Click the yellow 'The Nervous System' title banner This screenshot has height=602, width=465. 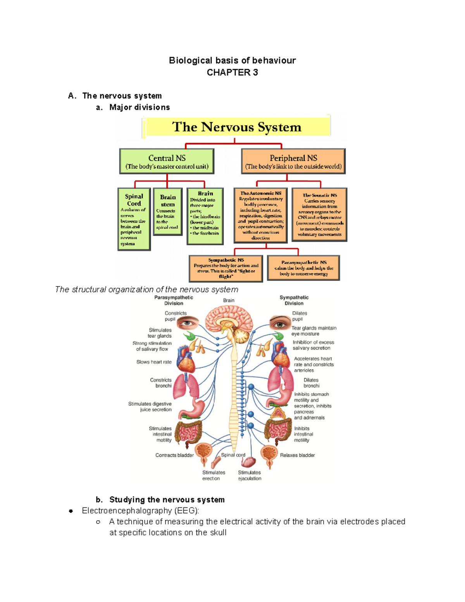(x=236, y=127)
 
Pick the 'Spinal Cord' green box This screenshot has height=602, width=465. (x=134, y=219)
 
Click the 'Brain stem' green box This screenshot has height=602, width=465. (x=167, y=212)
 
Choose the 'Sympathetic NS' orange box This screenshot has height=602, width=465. (x=226, y=268)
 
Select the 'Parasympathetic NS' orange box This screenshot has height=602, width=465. (x=303, y=268)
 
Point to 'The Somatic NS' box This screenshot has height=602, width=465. (x=319, y=215)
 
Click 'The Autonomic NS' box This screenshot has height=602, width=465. (x=260, y=215)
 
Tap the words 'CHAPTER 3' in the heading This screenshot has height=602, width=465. (x=232, y=72)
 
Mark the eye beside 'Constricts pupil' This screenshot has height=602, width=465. (x=188, y=322)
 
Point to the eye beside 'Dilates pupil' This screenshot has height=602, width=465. (x=280, y=323)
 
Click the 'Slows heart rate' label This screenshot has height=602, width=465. (x=154, y=362)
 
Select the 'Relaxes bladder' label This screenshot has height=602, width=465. (x=297, y=455)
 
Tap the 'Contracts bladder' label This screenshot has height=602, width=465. (x=174, y=455)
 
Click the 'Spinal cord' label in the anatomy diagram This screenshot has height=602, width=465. (x=233, y=455)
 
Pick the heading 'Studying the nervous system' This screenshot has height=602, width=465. (x=167, y=500)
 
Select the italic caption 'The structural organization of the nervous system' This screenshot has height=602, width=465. (x=146, y=290)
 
